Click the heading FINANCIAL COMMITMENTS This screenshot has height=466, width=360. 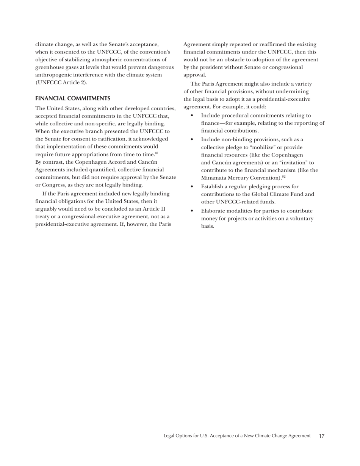pyautogui.click(x=73, y=98)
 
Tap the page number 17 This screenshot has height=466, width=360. pyautogui.click(x=321, y=436)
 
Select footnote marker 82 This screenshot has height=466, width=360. pyautogui.click(x=283, y=177)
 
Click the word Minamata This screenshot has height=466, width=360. pyautogui.click(x=214, y=178)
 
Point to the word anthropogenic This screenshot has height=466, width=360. pyautogui.click(x=53, y=75)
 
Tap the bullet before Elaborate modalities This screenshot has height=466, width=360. pyautogui.click(x=192, y=211)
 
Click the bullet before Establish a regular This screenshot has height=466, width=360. pyautogui.click(x=192, y=187)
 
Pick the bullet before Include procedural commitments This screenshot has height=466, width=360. pyautogui.click(x=192, y=116)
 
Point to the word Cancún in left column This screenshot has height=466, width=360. pyautogui.click(x=148, y=162)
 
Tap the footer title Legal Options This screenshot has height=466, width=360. pyautogui.click(x=237, y=436)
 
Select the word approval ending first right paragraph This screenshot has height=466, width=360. pyautogui.click(x=195, y=75)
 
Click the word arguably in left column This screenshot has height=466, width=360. pyautogui.click(x=47, y=209)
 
